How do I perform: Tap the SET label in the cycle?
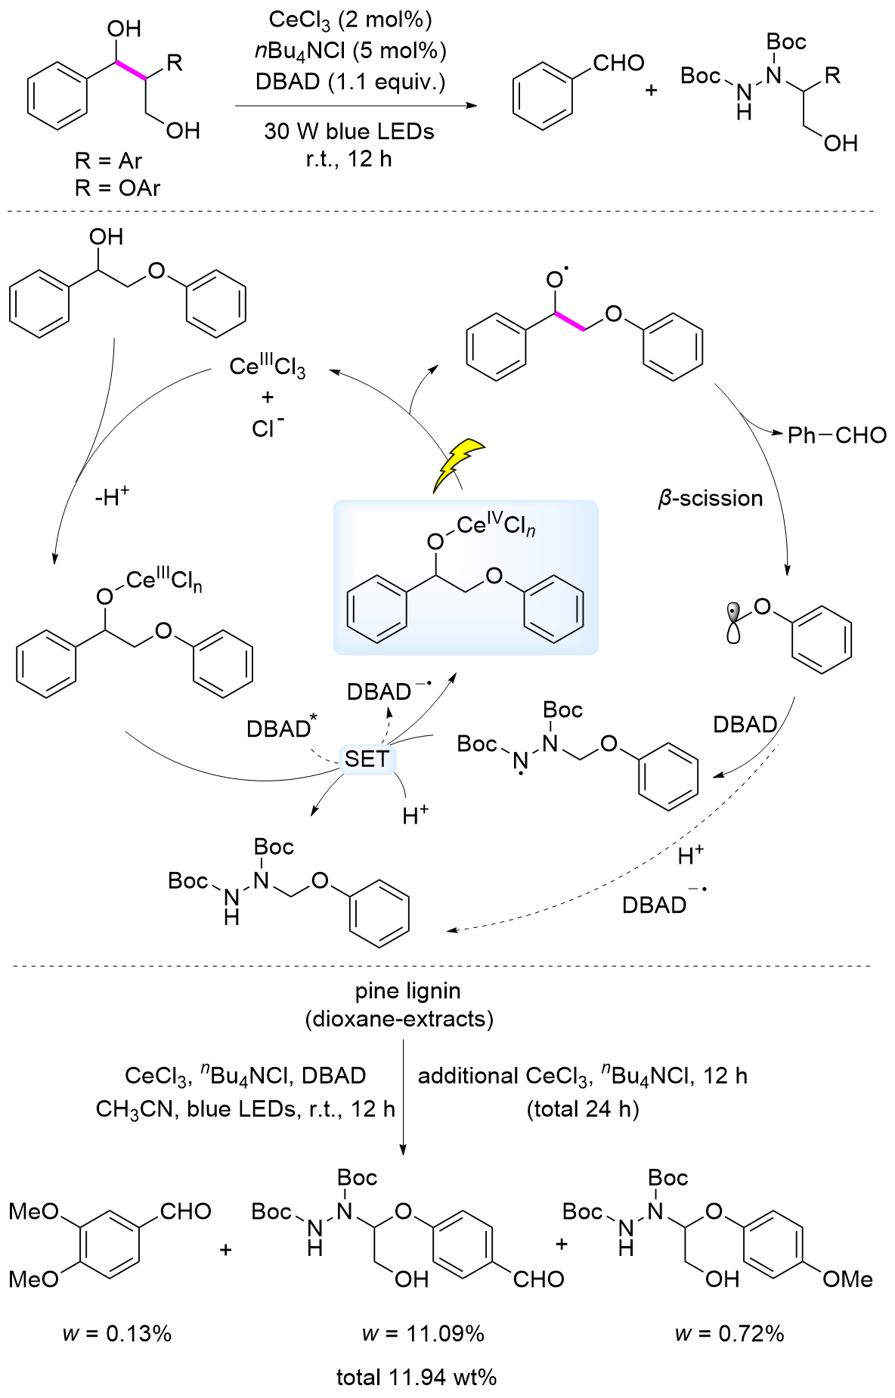(367, 759)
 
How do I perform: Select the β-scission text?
(711, 499)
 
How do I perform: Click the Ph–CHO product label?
(837, 435)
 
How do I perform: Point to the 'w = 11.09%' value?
(423, 1333)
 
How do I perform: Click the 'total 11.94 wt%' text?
(417, 1377)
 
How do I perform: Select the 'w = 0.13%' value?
(117, 1333)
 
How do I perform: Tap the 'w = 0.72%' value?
(729, 1333)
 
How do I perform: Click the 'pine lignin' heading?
(407, 990)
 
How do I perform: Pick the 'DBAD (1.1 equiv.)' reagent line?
(350, 81)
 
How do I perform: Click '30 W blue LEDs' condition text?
(349, 131)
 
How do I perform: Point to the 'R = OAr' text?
(117, 187)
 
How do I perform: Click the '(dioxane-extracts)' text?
(399, 1019)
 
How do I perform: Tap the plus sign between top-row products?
(651, 91)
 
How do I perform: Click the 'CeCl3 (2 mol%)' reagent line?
(349, 20)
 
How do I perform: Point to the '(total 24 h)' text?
(583, 1109)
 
